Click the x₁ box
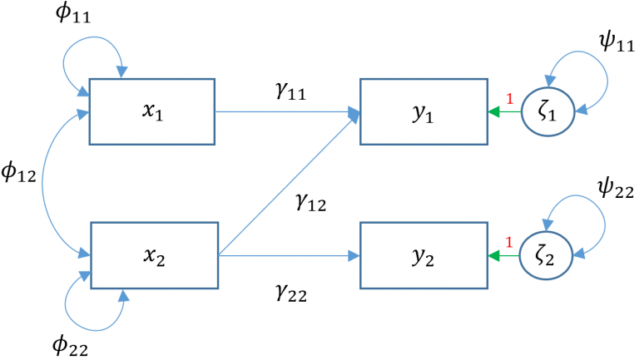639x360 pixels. tap(152, 111)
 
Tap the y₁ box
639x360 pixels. tap(423, 111)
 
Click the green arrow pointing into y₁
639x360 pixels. tap(503, 111)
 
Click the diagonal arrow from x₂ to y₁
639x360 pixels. tap(287, 183)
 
